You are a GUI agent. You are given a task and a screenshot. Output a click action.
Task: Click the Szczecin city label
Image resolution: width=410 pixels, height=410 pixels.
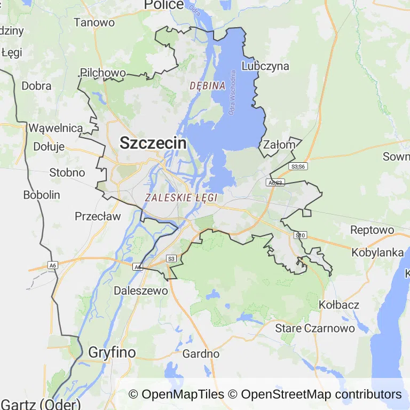pos(153,143)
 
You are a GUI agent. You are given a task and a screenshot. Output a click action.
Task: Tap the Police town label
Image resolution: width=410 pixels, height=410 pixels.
pos(164,5)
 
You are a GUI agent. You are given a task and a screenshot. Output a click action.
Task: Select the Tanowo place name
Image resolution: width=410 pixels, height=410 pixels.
pos(94,22)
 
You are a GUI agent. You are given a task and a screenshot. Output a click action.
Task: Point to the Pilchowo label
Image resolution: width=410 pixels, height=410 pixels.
pos(103,73)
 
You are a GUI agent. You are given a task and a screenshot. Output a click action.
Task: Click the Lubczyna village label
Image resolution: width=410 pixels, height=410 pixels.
pos(265,66)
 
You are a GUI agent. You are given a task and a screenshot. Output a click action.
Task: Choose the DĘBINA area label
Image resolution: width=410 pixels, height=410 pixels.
pos(208,85)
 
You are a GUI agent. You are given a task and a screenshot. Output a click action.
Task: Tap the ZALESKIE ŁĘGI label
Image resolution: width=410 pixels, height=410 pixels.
pos(181,198)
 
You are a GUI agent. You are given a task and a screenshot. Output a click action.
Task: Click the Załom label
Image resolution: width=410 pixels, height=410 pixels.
pos(279,145)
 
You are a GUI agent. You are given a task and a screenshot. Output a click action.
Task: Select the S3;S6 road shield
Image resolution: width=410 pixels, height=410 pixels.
pos(298,167)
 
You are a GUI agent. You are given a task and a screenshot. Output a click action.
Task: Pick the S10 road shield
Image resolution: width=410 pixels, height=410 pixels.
pos(301,235)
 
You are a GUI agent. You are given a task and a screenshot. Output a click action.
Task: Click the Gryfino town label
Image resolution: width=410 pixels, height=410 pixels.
pos(112,352)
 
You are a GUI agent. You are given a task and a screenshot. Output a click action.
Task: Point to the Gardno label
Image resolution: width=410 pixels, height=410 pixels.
pos(201,353)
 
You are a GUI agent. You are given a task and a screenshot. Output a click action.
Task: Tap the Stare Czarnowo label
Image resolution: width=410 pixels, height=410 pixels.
pos(315,328)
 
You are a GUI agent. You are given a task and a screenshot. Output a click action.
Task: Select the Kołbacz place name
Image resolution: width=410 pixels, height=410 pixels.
pos(339,305)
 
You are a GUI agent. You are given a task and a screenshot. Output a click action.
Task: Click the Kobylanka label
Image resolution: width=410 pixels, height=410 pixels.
pos(377,253)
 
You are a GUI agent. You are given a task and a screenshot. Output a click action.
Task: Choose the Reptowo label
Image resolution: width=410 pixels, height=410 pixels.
pos(372,230)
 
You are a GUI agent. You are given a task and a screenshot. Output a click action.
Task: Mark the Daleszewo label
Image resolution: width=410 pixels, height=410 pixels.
pos(141,291)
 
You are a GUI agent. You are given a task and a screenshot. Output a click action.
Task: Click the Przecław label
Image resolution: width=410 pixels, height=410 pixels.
pos(98,216)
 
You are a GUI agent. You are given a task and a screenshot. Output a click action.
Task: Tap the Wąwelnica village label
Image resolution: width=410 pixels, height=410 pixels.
pos(56,128)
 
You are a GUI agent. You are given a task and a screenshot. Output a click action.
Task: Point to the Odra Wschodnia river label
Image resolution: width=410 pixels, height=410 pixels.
pos(232,93)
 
